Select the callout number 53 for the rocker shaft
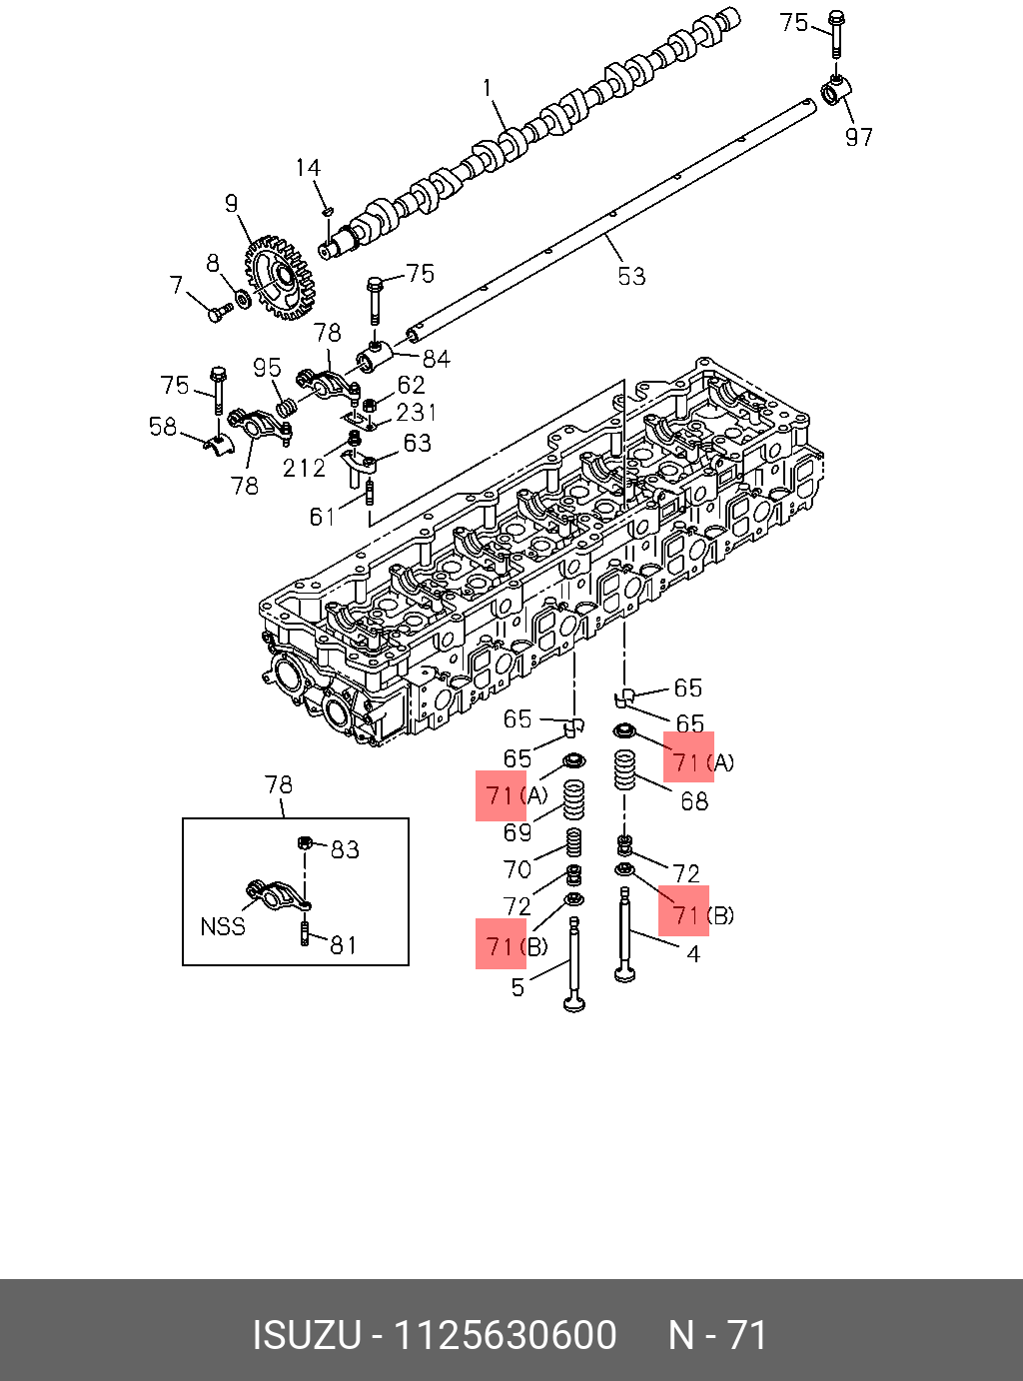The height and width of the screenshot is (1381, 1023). click(x=631, y=276)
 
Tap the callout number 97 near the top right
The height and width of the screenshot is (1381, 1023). click(x=859, y=137)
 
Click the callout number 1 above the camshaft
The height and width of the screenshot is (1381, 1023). click(x=489, y=88)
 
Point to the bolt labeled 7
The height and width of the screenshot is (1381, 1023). click(x=217, y=314)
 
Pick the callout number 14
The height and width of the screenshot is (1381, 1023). click(x=308, y=168)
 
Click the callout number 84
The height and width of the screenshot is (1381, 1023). click(x=437, y=358)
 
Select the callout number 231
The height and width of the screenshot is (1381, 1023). click(x=417, y=412)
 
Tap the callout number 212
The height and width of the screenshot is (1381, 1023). click(x=304, y=468)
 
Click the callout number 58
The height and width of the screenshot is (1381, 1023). click(x=163, y=427)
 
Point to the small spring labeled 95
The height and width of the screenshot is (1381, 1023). click(x=285, y=407)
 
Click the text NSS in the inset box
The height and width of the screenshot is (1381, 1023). click(x=223, y=926)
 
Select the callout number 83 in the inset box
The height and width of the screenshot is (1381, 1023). click(x=345, y=849)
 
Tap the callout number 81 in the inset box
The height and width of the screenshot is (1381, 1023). click(x=344, y=944)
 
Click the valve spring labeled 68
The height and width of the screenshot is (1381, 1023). click(x=624, y=770)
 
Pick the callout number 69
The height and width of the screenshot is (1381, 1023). click(x=516, y=832)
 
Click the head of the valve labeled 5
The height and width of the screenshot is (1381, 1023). click(x=574, y=1001)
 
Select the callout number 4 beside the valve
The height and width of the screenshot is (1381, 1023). click(x=692, y=953)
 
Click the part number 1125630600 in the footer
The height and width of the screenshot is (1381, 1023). click(x=506, y=1335)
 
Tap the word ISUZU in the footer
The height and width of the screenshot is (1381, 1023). click(x=307, y=1335)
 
